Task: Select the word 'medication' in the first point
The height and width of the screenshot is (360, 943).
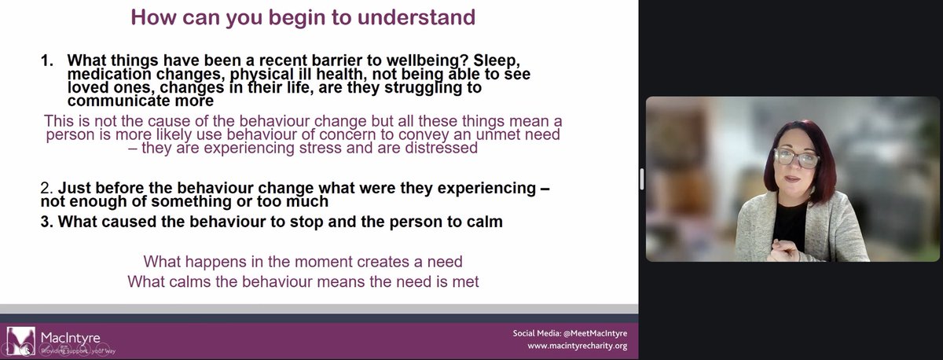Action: pos(108,75)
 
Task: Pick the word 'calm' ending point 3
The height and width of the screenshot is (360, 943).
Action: pos(485,222)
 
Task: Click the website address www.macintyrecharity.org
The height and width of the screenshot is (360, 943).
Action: pos(578,346)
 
